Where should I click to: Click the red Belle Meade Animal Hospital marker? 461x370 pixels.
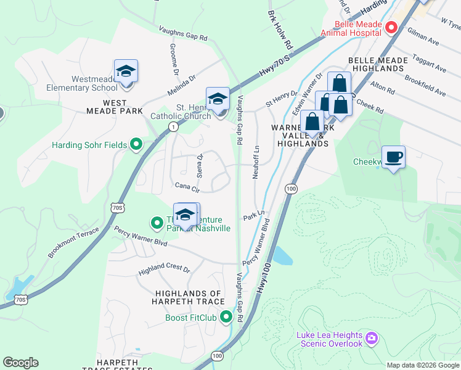[390, 27]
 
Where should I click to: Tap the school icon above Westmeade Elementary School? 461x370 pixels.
[126, 72]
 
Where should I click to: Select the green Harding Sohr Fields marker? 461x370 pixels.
[136, 146]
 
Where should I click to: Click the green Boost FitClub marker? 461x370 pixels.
[226, 318]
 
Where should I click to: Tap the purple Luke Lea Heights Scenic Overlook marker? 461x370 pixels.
[371, 338]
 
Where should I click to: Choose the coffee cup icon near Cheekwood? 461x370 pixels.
[394, 157]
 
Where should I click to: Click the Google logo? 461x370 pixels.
[20, 363]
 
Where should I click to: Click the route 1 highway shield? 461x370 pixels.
[173, 126]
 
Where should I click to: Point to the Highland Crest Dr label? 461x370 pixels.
[165, 269]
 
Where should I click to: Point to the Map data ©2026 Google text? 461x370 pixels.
[422, 365]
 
